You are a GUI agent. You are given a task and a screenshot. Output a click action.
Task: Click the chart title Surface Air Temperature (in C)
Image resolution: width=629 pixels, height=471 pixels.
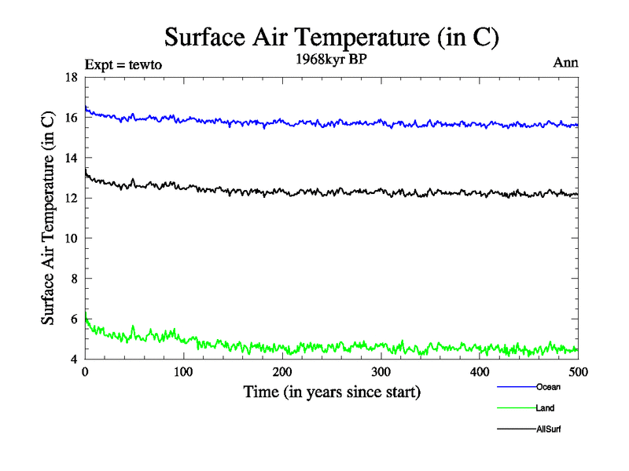coord(331,37)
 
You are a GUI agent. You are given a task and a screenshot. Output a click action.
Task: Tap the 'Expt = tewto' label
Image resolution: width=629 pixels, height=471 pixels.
coord(123,65)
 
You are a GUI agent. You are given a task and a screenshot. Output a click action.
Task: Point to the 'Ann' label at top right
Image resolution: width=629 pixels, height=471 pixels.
coord(566,63)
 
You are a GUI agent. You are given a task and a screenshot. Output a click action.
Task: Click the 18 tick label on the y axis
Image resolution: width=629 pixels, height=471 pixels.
coord(71,77)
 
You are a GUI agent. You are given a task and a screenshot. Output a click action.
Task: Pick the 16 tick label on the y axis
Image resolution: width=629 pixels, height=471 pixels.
coord(71,118)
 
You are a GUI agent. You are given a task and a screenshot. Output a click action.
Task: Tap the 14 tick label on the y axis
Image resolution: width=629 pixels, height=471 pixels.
coord(71,158)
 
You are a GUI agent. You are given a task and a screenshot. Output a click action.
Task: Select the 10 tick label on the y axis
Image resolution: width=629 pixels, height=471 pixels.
coord(71,239)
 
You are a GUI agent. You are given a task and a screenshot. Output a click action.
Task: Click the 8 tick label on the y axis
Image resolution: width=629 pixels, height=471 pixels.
coord(74,279)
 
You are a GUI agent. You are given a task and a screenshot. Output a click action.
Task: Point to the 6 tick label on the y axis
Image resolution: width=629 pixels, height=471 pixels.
coord(74,319)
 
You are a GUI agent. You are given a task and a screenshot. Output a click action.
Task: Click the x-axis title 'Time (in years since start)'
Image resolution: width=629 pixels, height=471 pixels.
coord(332,391)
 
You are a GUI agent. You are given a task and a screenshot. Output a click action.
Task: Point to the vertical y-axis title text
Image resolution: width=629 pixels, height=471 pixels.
coord(49,218)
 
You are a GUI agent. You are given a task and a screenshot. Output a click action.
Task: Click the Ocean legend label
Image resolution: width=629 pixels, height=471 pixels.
coord(548,386)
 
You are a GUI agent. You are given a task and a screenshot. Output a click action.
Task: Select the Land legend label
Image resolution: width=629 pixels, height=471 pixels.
coord(546,408)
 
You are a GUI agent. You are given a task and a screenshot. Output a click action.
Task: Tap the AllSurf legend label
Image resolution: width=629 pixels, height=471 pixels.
coord(549,429)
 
